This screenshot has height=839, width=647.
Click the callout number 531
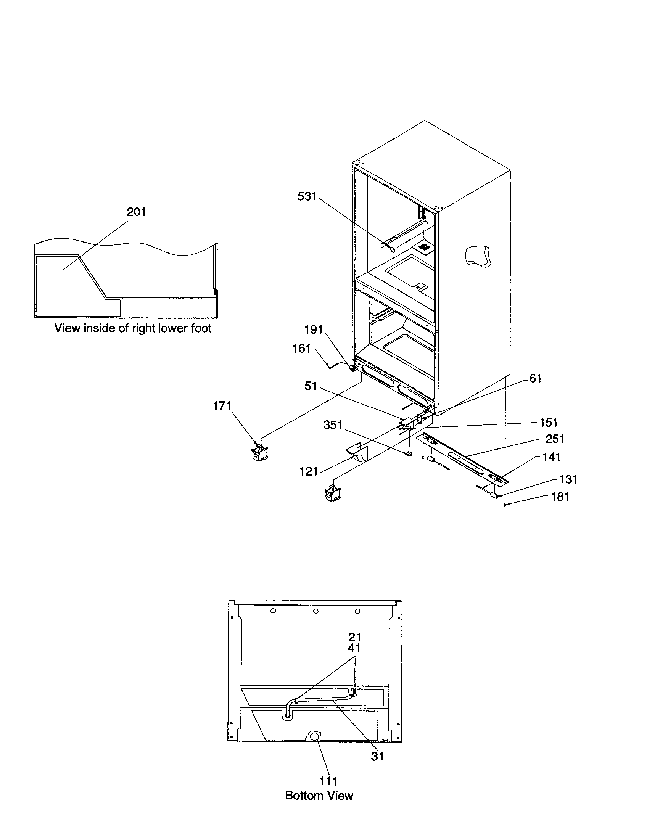pyautogui.click(x=307, y=197)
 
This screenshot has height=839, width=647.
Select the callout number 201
pyautogui.click(x=136, y=212)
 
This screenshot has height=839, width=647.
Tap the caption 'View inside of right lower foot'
pyautogui.click(x=132, y=328)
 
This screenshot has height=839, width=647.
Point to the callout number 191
pyautogui.click(x=313, y=329)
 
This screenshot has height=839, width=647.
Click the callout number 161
pyautogui.click(x=301, y=349)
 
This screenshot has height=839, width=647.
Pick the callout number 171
pyautogui.click(x=222, y=406)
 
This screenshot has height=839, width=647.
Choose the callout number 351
pyautogui.click(x=332, y=425)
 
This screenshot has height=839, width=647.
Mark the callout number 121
pyautogui.click(x=308, y=472)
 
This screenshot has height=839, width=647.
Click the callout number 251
pyautogui.click(x=555, y=439)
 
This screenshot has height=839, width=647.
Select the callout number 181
pyautogui.click(x=560, y=497)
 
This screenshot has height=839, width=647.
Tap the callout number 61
pyautogui.click(x=535, y=379)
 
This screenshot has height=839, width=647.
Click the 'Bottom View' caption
pyautogui.click(x=319, y=796)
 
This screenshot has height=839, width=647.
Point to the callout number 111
pyautogui.click(x=328, y=781)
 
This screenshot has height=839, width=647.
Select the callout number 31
pyautogui.click(x=377, y=756)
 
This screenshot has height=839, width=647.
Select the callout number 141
pyautogui.click(x=551, y=457)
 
